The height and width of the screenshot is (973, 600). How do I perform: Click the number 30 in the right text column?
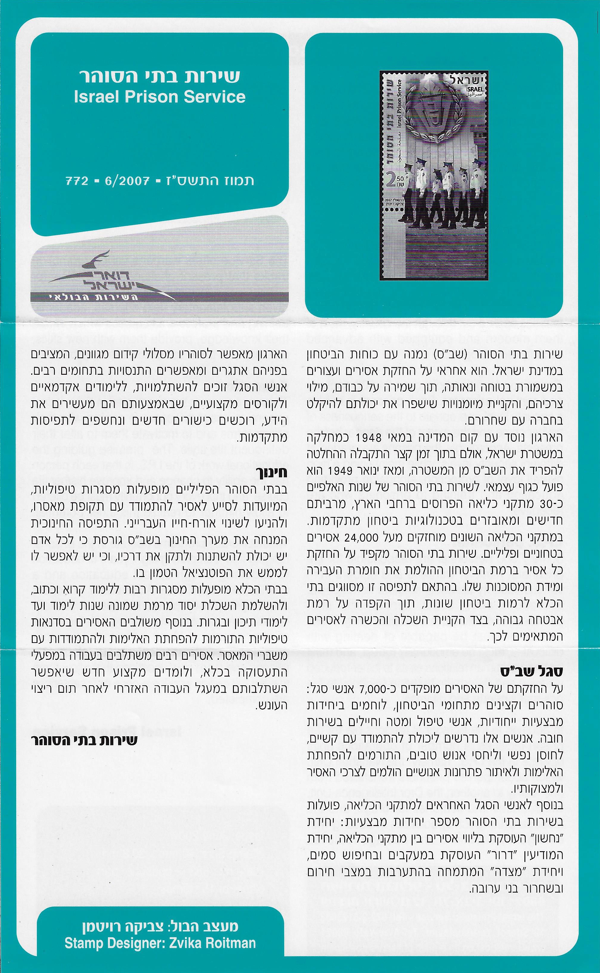(551, 504)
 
